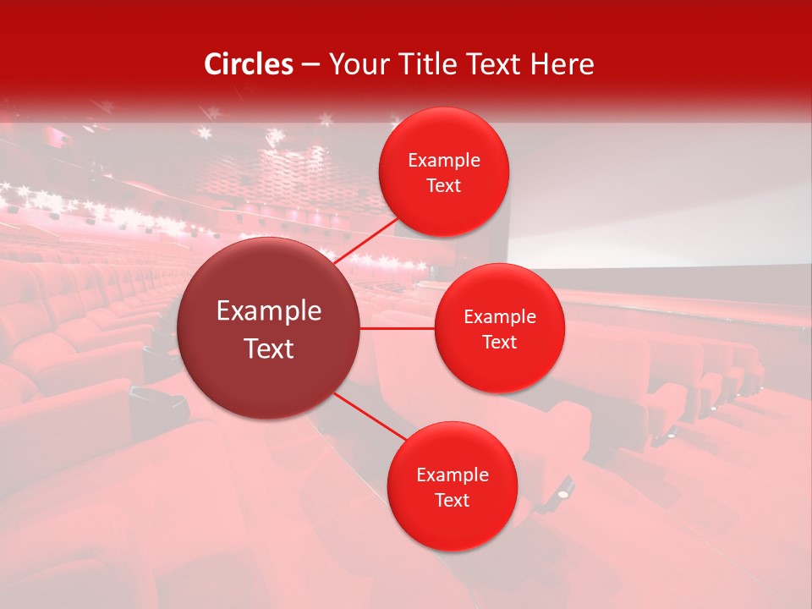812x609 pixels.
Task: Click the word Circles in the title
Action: [249, 64]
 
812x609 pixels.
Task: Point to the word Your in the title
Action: [357, 64]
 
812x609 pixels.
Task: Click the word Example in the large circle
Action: [269, 311]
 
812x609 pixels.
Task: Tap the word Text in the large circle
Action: [269, 348]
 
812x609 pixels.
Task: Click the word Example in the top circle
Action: [444, 161]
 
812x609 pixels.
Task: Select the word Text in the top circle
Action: [444, 186]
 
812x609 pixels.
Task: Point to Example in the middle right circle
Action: [500, 317]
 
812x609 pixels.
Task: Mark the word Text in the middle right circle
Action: [500, 343]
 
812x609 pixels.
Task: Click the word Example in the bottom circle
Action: [453, 475]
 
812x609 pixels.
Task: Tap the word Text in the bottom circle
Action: [453, 501]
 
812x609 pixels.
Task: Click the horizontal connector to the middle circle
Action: [398, 328]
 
